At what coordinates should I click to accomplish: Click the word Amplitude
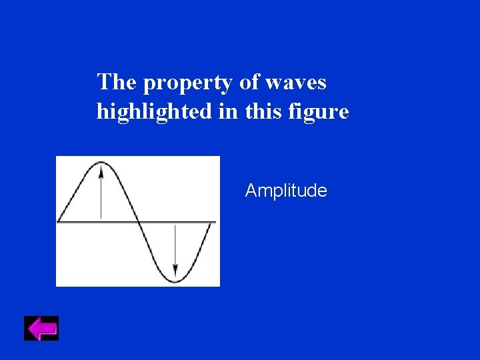[x=286, y=191]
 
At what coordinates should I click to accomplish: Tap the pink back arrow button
[x=41, y=329]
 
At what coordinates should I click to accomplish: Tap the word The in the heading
[x=117, y=83]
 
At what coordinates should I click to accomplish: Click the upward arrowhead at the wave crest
[x=101, y=171]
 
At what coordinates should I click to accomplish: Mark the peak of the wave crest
[x=101, y=162]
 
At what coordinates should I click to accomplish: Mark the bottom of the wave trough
[x=175, y=281]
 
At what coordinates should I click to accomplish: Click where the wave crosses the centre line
[x=138, y=221]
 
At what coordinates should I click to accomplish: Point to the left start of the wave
[x=59, y=220]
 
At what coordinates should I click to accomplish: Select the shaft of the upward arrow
[x=101, y=197]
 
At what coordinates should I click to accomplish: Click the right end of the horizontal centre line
[x=215, y=221]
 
